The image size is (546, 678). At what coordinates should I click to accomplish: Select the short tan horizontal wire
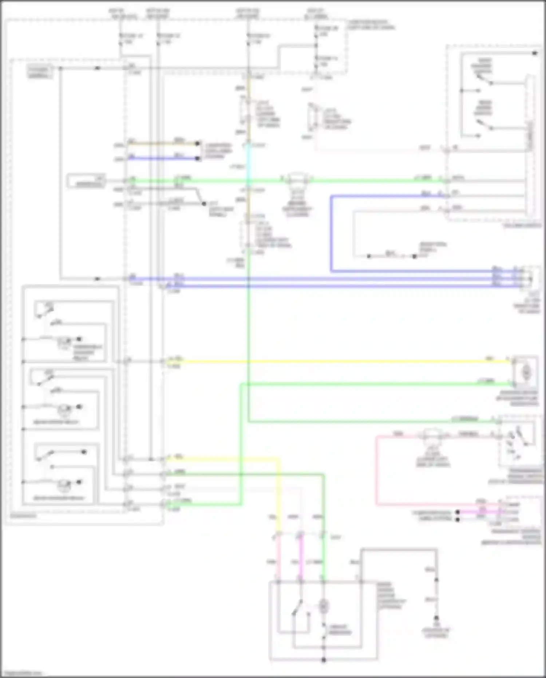point(164,143)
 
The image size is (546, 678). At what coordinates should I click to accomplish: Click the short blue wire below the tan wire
point(164,158)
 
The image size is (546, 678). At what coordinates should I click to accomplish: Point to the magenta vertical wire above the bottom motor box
point(301,561)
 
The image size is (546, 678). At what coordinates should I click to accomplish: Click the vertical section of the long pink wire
point(377,470)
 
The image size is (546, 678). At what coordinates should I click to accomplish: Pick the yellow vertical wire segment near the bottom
point(278,495)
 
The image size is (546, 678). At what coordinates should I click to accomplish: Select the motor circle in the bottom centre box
point(323,606)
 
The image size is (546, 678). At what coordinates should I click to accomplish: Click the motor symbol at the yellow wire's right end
point(526,372)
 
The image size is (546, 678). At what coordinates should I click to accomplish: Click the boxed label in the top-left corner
point(39,72)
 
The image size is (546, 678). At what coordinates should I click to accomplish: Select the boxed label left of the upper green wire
point(86,181)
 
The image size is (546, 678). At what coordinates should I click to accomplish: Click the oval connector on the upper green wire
point(297,180)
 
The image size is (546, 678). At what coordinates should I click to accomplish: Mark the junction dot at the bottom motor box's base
point(323,660)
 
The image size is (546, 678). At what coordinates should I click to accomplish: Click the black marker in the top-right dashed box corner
point(535,53)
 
